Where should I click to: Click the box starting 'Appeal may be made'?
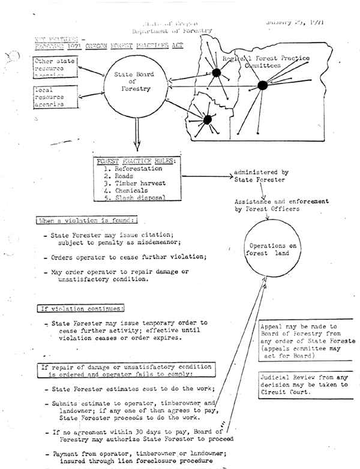[305, 341]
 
